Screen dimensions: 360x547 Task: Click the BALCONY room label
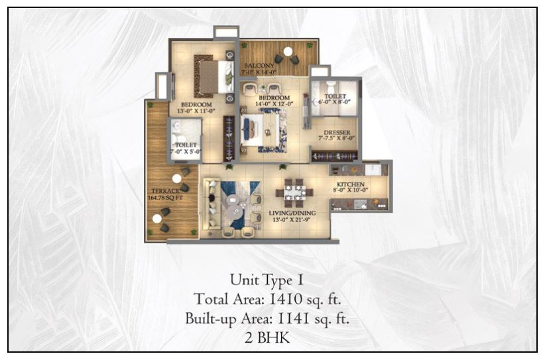pyautogui.click(x=259, y=66)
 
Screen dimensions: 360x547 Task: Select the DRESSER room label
pyautogui.click(x=337, y=131)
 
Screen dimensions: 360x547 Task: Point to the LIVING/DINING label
pyautogui.click(x=291, y=213)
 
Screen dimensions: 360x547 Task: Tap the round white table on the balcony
pyautogui.click(x=288, y=51)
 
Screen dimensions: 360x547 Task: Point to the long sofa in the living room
pyautogui.click(x=211, y=204)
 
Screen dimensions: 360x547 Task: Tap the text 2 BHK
pyautogui.click(x=273, y=339)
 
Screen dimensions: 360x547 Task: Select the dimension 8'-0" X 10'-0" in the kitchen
pyautogui.click(x=350, y=191)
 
